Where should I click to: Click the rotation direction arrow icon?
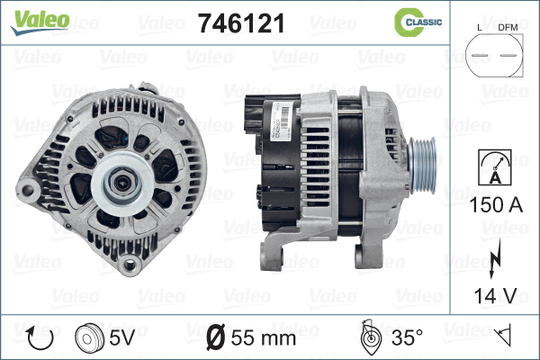(38, 338)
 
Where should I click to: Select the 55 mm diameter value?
(262, 339)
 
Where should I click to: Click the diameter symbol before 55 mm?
(216, 339)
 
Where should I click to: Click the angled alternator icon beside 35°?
(367, 338)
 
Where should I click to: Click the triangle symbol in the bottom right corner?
(504, 337)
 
